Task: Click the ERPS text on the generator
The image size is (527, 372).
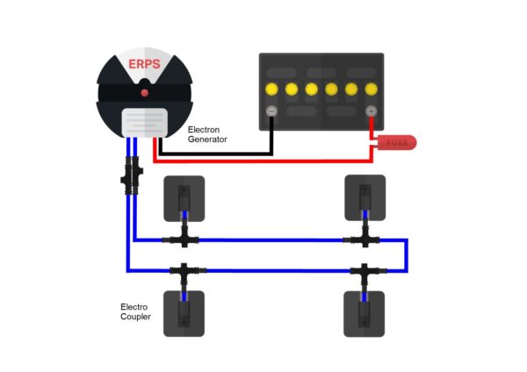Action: click(144, 65)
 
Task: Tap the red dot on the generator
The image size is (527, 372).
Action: click(144, 91)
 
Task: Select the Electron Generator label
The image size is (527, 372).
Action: click(208, 134)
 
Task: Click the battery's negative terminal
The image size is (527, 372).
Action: click(271, 111)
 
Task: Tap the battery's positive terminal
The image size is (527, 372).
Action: click(371, 111)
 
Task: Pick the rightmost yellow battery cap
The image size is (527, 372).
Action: click(372, 89)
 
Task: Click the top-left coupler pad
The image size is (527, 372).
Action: click(184, 198)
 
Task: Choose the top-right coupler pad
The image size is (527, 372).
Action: click(365, 198)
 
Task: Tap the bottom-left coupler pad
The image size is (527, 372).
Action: click(184, 313)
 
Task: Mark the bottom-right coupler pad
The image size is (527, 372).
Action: click(365, 313)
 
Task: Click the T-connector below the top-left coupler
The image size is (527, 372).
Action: click(184, 240)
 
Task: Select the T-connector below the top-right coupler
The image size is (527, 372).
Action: click(365, 240)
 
